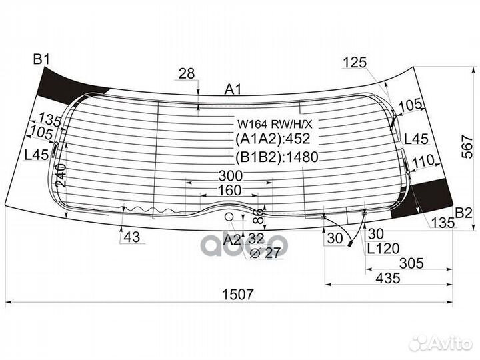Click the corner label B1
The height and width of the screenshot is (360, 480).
tap(41, 59)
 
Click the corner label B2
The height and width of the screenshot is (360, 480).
tap(464, 213)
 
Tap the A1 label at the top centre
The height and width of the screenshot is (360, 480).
tap(233, 89)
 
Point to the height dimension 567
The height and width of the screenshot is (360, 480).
tap(467, 146)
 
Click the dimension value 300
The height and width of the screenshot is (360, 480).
tap(231, 176)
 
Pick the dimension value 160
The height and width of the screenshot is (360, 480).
tap(229, 191)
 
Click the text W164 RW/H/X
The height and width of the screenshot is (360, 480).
tap(275, 124)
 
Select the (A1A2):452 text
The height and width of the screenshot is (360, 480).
tap(273, 139)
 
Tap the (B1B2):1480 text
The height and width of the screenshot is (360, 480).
tap(277, 157)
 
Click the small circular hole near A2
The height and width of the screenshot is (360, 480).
tap(229, 217)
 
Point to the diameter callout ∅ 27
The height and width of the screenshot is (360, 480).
tap(265, 253)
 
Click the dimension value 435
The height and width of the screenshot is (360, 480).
tap(388, 278)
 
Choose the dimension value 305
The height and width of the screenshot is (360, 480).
tap(412, 263)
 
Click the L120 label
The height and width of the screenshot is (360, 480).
tap(383, 249)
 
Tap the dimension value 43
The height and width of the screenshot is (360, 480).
tap(132, 237)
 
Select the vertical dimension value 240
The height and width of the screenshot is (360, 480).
tap(61, 175)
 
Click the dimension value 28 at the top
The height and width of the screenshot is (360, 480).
tap(187, 74)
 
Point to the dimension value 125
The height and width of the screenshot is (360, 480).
tap(355, 63)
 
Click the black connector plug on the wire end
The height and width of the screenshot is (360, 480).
tap(350, 244)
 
